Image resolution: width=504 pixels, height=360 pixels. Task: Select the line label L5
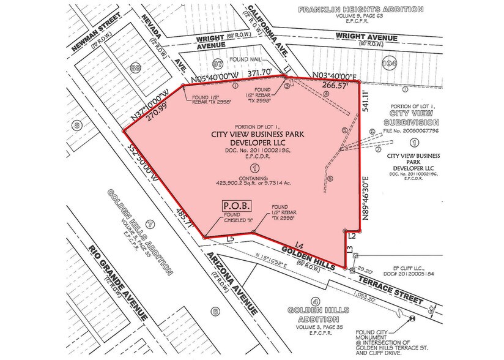pyautogui.click(x=230, y=239)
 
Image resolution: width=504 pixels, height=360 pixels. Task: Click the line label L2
pyautogui.click(x=352, y=235)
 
